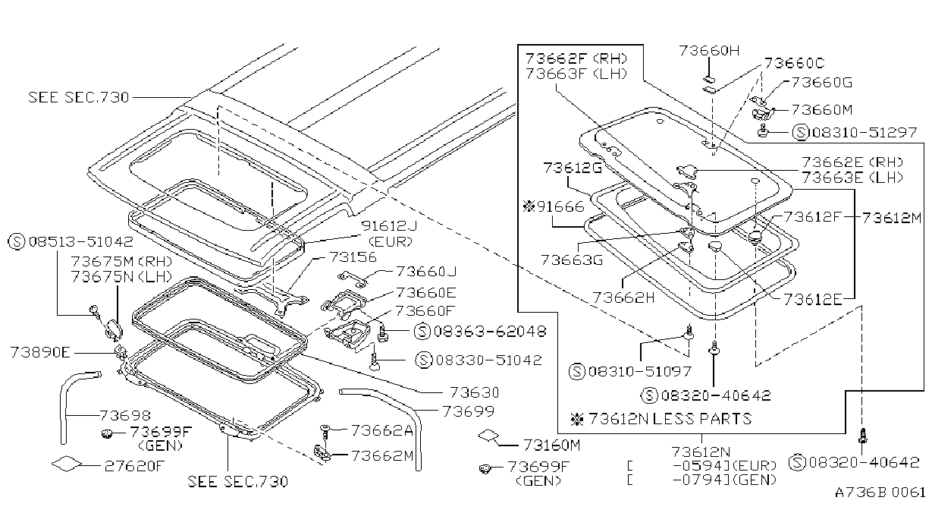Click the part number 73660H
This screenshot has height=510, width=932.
[x=709, y=50]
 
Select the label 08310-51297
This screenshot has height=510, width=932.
[x=865, y=132]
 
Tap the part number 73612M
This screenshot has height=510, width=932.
[x=891, y=217]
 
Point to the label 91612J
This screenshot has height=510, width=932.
[x=389, y=225]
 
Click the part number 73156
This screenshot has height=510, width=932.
[x=353, y=257]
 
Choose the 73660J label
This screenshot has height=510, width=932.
[x=426, y=272]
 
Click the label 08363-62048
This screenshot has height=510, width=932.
[x=489, y=332]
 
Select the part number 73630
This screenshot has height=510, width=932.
[x=474, y=392]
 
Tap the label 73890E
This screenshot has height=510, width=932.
[x=40, y=352]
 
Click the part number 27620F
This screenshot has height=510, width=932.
[x=134, y=465]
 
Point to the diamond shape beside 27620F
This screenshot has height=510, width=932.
[x=67, y=464]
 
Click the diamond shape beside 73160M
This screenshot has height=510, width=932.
[x=488, y=436]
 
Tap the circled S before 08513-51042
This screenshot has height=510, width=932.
[x=17, y=241]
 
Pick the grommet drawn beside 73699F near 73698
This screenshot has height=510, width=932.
[x=107, y=434]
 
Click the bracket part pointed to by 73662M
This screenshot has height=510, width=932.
[x=322, y=452]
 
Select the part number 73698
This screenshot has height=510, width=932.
[x=125, y=415]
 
